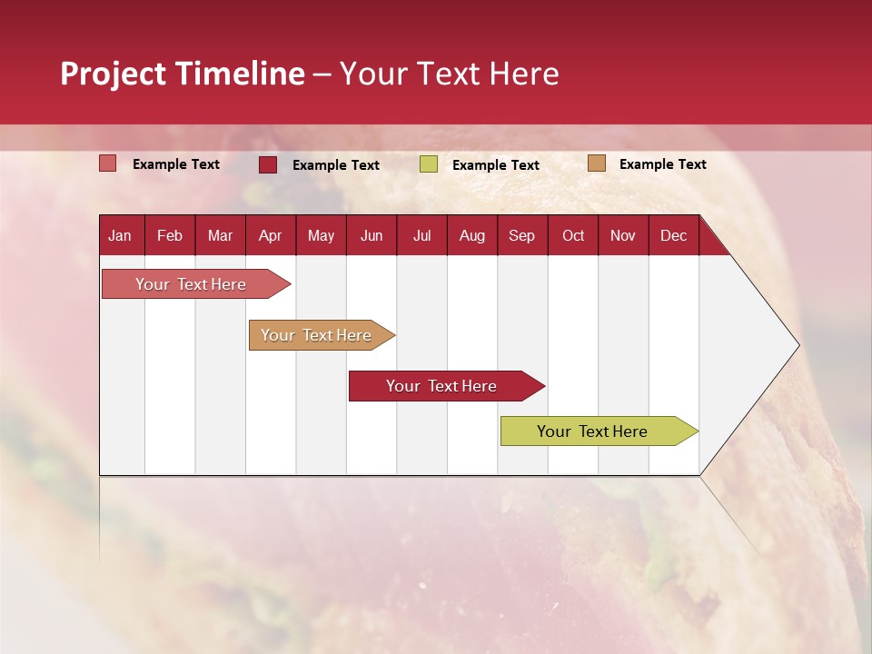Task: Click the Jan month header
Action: [120, 235]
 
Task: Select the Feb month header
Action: [170, 235]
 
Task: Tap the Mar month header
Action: [220, 235]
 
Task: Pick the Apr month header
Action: [270, 235]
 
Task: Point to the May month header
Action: [321, 235]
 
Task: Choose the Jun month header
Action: [372, 235]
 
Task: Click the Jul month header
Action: [421, 235]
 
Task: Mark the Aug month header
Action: [472, 235]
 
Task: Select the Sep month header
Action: [522, 235]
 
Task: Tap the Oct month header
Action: [573, 235]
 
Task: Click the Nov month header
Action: [623, 235]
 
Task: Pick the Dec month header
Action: [674, 235]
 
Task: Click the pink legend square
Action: [108, 163]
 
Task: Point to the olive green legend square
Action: [429, 164]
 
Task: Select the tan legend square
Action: [597, 163]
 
